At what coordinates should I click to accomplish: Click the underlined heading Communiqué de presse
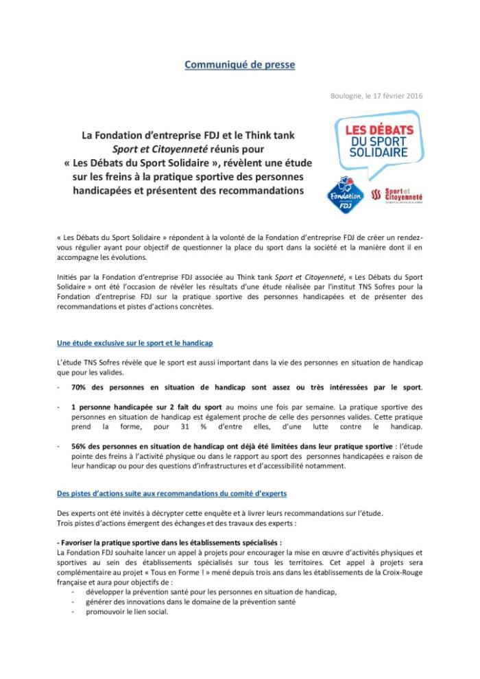click(x=240, y=65)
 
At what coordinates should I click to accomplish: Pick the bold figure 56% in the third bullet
click(x=82, y=445)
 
